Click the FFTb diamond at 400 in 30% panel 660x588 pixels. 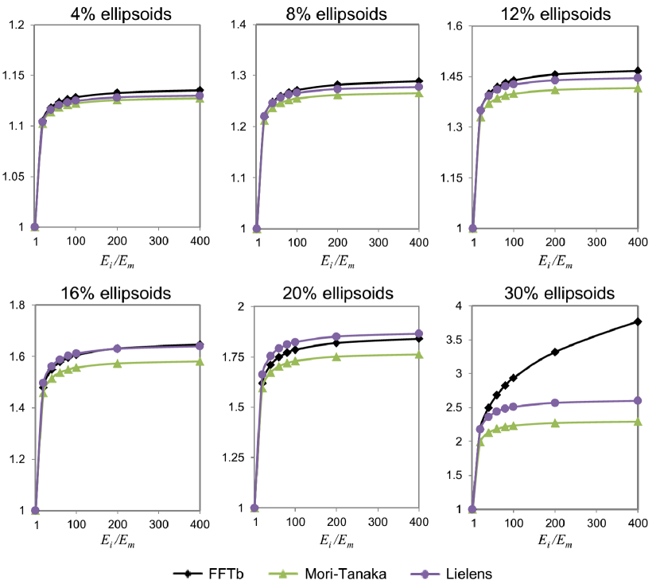(637, 321)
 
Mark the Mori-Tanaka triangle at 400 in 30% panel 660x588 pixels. (637, 422)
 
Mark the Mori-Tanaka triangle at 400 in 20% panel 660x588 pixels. (418, 354)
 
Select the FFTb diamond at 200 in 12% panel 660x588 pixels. (555, 75)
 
